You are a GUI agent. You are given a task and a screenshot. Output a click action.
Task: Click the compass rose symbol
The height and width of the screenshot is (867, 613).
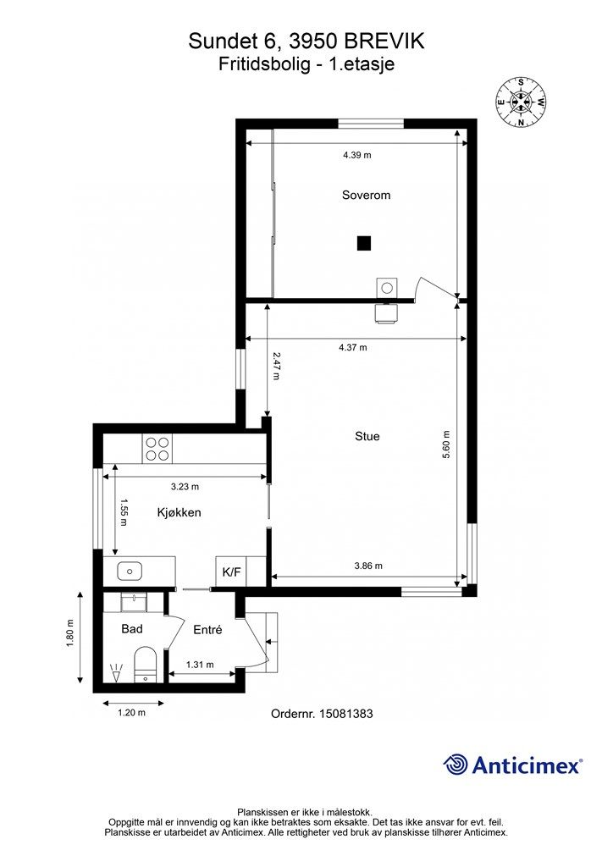coord(521,102)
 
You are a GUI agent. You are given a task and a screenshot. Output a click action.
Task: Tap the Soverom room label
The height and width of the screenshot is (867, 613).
coord(366,196)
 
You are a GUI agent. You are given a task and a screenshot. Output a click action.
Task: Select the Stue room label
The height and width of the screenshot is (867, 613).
coord(367,436)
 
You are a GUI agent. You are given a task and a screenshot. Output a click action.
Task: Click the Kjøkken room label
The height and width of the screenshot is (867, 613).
coord(179,512)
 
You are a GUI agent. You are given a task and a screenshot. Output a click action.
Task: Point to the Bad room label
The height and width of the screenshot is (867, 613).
coord(132,629)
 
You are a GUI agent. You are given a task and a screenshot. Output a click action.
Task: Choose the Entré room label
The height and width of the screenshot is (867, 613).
coord(207,630)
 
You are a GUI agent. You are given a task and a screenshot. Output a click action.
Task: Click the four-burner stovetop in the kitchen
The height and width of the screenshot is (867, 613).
coord(157,449)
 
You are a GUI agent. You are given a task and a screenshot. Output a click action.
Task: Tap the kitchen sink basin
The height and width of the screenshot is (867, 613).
coord(130,570)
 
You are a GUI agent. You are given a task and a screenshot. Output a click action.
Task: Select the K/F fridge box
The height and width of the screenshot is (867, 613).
coord(232,572)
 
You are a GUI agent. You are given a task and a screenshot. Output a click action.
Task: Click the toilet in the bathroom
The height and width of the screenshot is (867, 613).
coord(146,664)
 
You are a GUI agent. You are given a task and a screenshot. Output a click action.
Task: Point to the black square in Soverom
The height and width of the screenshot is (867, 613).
coord(363,243)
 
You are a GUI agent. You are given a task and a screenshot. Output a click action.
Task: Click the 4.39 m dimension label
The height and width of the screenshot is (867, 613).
coord(357,156)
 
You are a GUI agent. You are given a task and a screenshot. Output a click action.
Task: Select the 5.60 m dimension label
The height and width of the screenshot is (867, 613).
coord(446,445)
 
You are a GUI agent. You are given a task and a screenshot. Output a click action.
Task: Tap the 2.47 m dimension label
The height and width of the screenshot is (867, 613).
coord(276,366)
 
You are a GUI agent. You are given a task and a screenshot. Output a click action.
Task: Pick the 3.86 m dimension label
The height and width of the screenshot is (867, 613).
coord(368,566)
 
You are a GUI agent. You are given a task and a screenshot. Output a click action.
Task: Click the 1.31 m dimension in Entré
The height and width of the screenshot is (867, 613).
coord(200,665)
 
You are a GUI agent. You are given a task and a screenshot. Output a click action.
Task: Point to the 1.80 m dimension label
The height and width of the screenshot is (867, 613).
coord(70,637)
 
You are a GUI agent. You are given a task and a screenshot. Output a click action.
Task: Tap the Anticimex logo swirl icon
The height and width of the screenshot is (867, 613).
coord(456,765)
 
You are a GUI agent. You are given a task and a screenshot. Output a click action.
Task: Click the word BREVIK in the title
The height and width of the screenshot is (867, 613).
coord(384,41)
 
